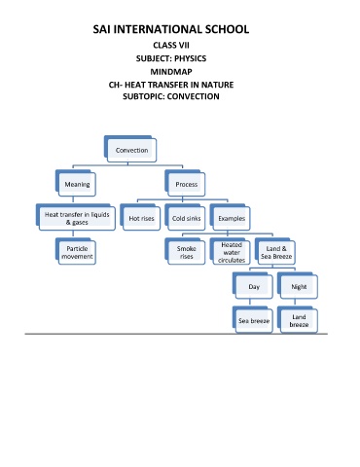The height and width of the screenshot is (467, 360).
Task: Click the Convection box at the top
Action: (130, 149)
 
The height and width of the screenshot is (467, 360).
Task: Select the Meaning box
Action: (76, 183)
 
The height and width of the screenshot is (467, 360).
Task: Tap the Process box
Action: (185, 183)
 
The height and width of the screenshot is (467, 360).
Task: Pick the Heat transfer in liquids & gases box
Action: (76, 217)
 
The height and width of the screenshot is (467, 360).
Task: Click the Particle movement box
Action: (76, 251)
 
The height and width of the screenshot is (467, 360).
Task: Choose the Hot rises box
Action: (140, 217)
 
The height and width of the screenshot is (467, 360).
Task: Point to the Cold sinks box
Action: (185, 217)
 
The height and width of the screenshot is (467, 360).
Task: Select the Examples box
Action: (230, 217)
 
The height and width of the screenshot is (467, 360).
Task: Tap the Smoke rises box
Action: (185, 251)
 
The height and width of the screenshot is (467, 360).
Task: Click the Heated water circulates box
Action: (230, 251)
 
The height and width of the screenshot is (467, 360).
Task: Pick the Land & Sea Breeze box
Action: (275, 251)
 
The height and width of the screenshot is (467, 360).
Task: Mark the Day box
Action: (253, 285)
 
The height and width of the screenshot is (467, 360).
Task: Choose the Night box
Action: (298, 285)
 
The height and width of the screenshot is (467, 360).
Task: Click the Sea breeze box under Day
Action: (253, 319)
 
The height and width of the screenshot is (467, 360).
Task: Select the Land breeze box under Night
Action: (298, 319)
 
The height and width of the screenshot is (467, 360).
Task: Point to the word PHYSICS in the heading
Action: (190, 58)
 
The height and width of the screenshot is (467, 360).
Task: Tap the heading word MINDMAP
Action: (171, 72)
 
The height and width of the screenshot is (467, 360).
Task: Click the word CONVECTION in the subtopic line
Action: (194, 96)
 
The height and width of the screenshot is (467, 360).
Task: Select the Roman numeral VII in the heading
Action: (184, 45)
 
